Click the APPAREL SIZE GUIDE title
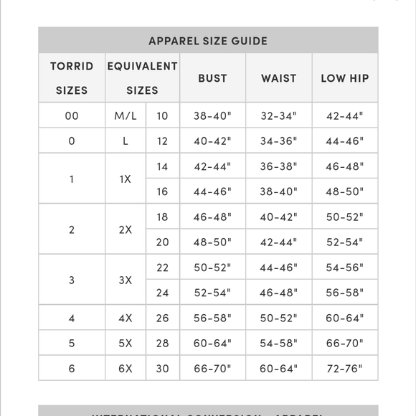[208, 41]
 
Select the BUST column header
[212, 78]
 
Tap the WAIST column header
[279, 78]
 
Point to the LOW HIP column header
[344, 78]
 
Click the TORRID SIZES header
[72, 78]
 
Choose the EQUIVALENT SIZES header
[142, 78]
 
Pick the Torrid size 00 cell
[72, 115]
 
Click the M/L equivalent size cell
[126, 115]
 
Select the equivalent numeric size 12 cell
[162, 141]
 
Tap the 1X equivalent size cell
[126, 179]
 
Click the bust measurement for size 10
[212, 115]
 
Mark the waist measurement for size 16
[278, 192]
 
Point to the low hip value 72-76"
[344, 368]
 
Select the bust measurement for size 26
[212, 318]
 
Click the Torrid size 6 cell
[72, 368]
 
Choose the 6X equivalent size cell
[126, 368]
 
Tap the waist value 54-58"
[278, 343]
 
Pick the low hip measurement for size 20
[344, 242]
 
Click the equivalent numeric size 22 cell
[162, 267]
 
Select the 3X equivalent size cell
[126, 280]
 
